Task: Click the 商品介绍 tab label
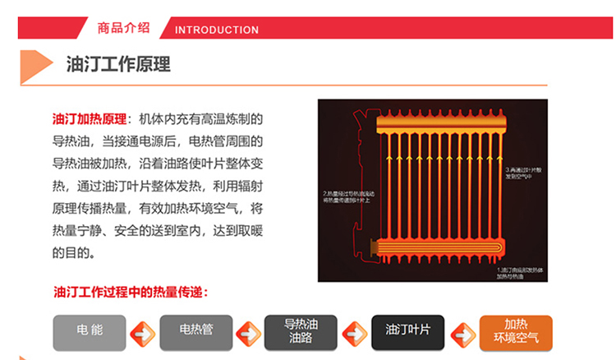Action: tap(123, 27)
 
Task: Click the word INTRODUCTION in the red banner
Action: tap(217, 30)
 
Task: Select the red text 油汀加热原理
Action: tap(89, 118)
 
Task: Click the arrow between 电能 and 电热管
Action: tap(143, 334)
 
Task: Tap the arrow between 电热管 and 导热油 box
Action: tap(248, 334)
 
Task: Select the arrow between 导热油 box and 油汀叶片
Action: tap(354, 334)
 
